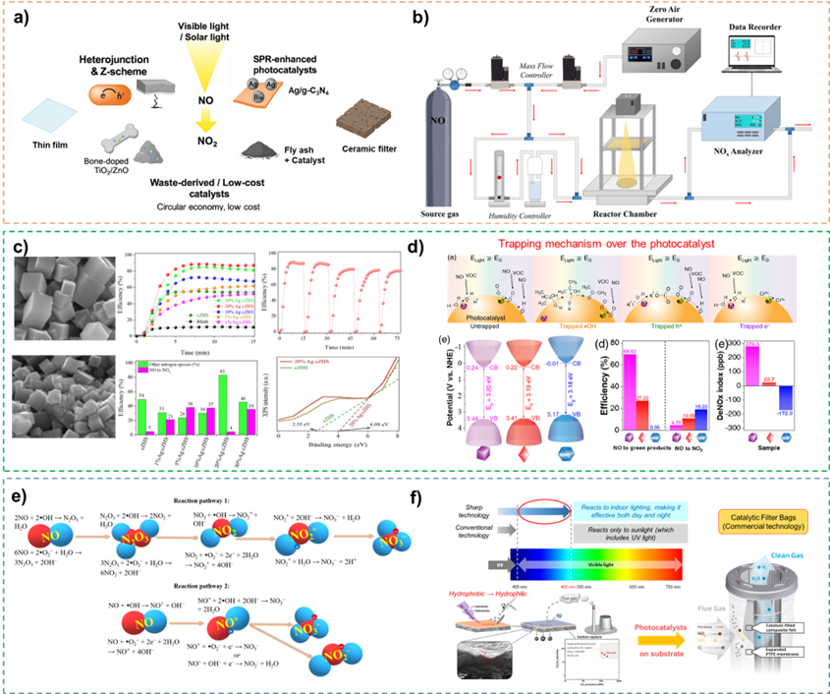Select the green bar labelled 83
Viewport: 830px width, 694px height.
pyautogui.click(x=223, y=404)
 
